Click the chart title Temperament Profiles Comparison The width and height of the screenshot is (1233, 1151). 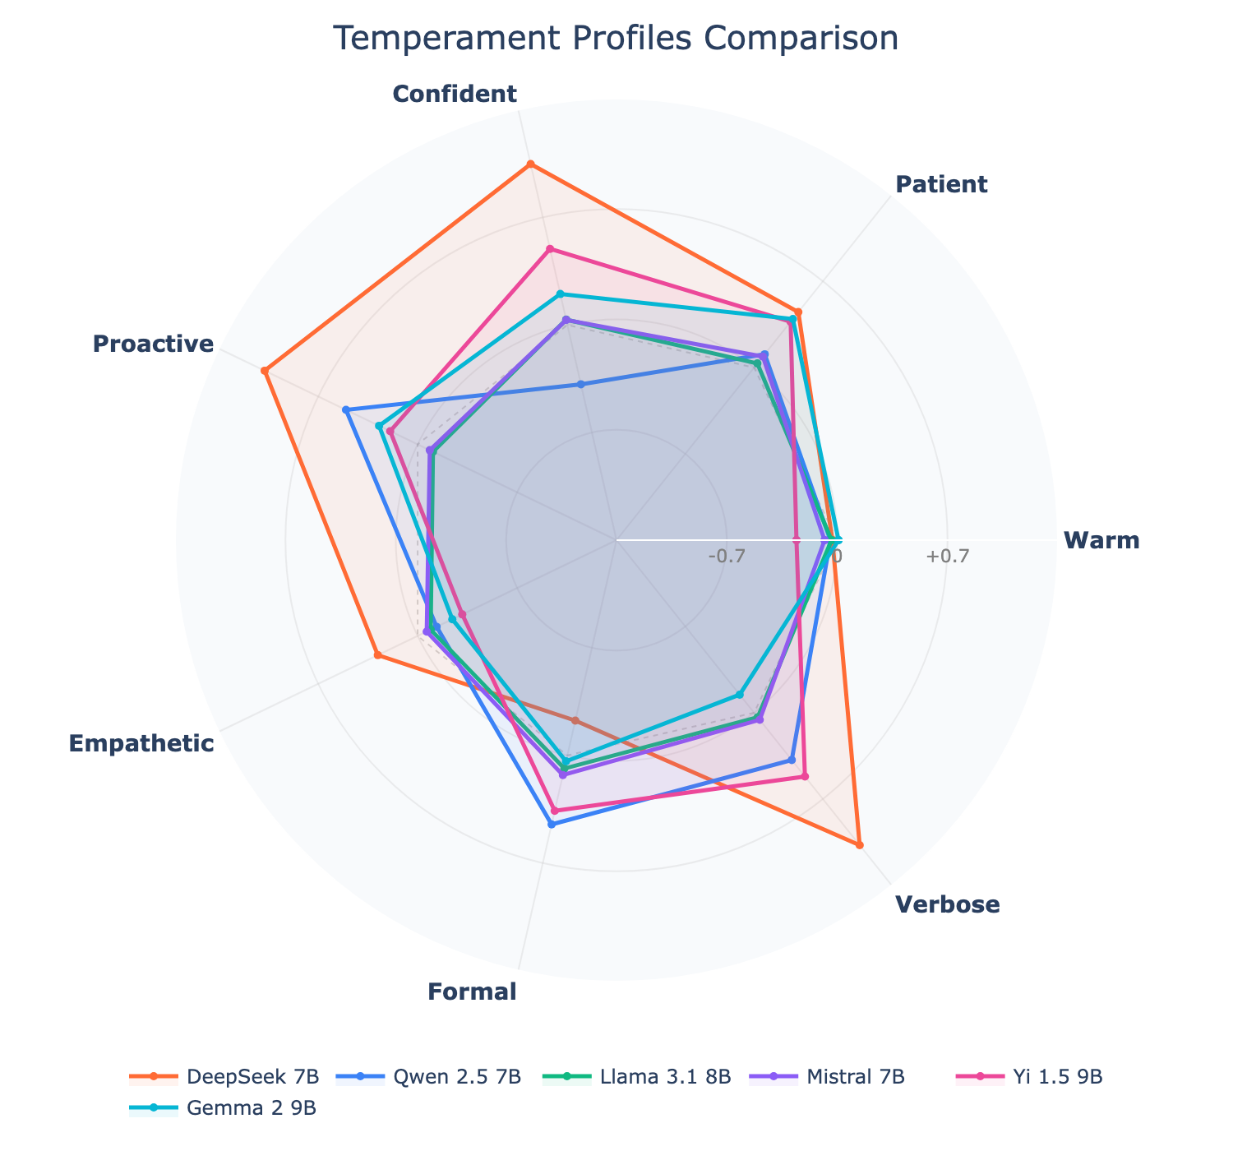coord(616,39)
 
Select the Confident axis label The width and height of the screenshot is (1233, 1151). coord(455,95)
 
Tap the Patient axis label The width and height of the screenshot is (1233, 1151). coord(941,184)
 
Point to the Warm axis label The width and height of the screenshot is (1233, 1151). coord(1101,541)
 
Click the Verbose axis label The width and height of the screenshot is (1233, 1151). coord(948,905)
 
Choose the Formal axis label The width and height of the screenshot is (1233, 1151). coord(473,992)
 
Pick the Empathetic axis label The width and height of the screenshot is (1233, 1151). coord(141,744)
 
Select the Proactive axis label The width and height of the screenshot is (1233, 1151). coord(153,344)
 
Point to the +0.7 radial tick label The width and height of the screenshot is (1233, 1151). coord(948,557)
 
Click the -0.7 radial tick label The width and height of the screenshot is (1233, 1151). coord(727,557)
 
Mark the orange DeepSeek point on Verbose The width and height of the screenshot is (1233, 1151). coord(859,844)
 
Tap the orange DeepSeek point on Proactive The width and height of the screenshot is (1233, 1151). coord(265,371)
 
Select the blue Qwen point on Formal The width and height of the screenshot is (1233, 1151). coord(552,824)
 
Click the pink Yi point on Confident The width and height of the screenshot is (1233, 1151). coord(550,249)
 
